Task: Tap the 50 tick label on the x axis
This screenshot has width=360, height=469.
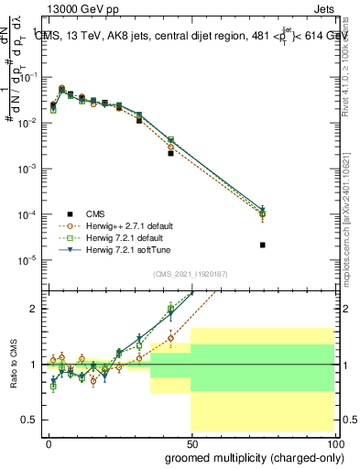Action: click(x=191, y=443)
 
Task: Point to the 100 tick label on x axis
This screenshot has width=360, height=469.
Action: click(x=335, y=443)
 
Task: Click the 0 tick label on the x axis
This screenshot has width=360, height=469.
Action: click(x=49, y=443)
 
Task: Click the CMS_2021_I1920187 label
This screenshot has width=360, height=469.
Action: click(x=191, y=274)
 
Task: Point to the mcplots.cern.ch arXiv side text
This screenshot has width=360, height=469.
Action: click(x=351, y=202)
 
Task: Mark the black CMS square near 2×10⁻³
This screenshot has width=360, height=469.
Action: click(x=170, y=154)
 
